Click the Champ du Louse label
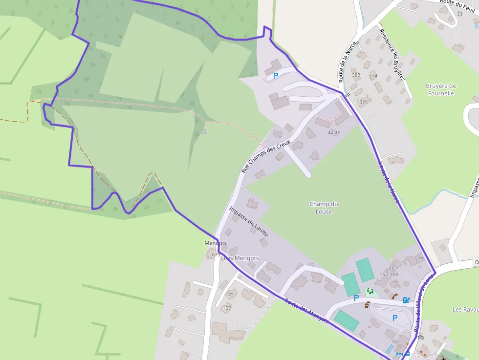click(x=324, y=208)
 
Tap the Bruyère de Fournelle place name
click(x=440, y=89)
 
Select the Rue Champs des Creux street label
click(x=266, y=156)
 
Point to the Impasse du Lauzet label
click(x=249, y=222)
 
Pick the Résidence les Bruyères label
click(x=392, y=54)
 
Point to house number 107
click(x=226, y=308)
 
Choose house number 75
click(x=231, y=295)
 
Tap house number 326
click(x=363, y=102)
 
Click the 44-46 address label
click(x=334, y=133)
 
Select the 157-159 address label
click(x=389, y=274)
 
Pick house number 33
click(x=459, y=14)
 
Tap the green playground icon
click(x=370, y=291)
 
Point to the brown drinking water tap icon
click(x=367, y=305)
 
